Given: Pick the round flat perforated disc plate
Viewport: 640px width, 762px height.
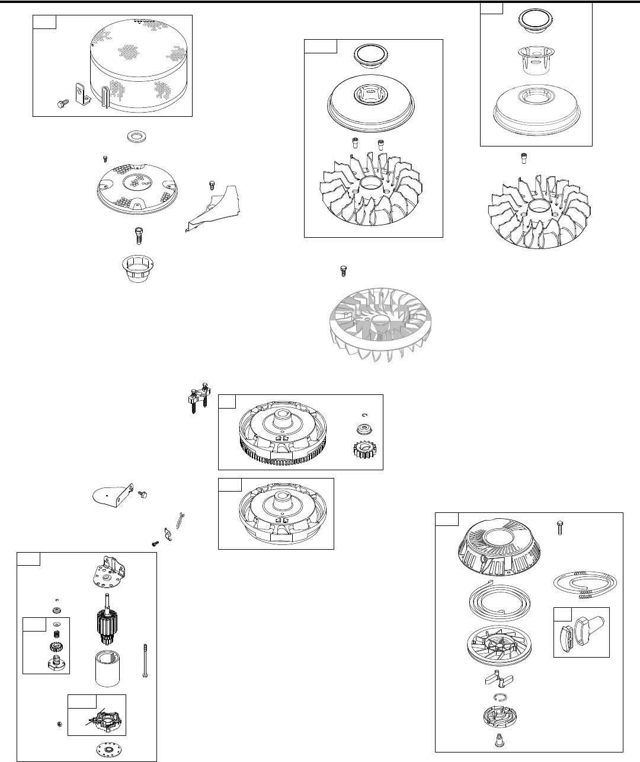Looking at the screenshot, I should tap(136, 187).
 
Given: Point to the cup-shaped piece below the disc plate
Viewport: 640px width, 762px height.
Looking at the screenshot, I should tap(136, 270).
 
